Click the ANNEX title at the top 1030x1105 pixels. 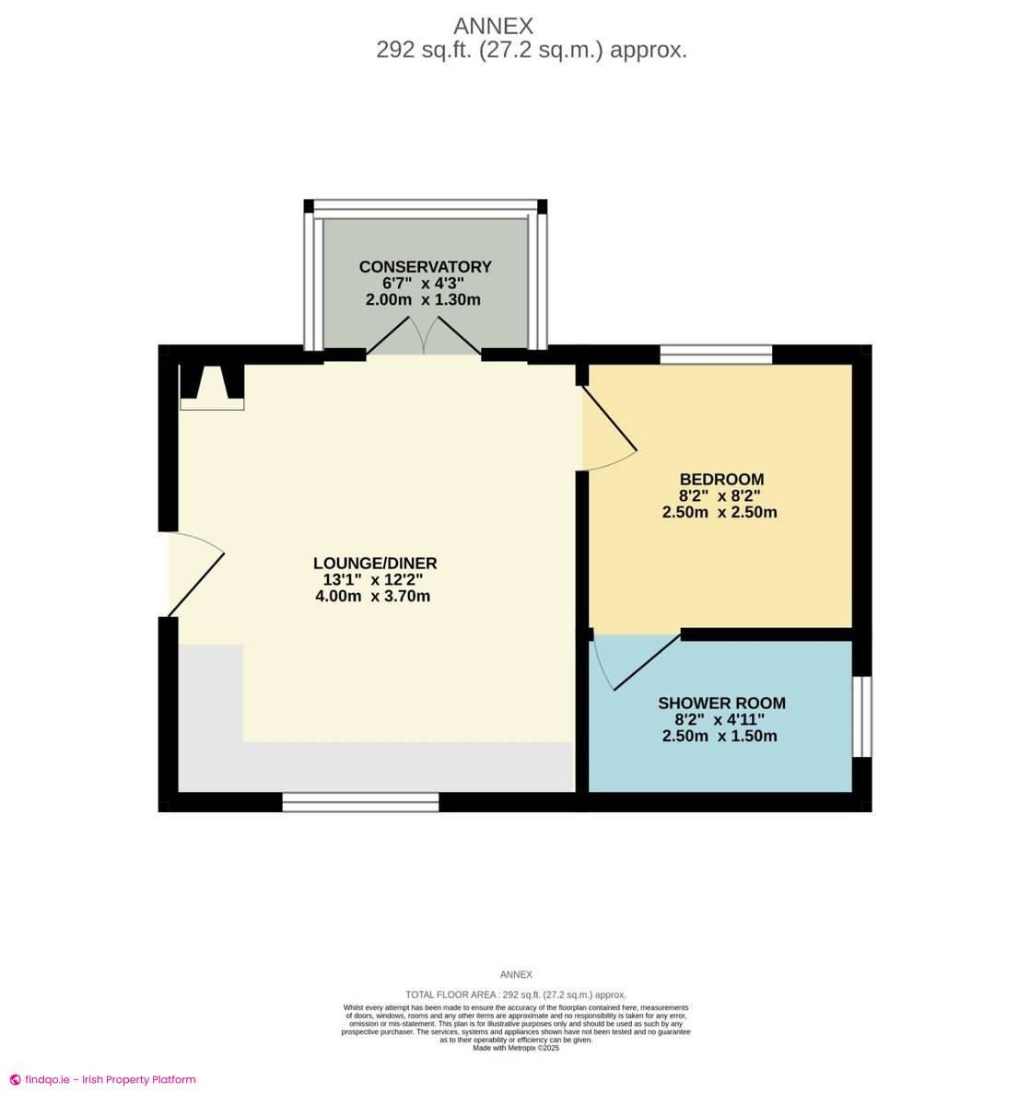tap(494, 26)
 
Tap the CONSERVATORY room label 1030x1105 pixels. tap(425, 267)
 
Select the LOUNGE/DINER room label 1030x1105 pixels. tap(375, 564)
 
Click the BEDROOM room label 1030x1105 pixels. tap(721, 479)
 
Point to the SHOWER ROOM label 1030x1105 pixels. tap(721, 704)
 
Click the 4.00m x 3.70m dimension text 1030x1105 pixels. tap(373, 597)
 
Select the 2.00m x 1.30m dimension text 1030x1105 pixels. tap(424, 300)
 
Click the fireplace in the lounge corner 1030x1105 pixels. tap(212, 385)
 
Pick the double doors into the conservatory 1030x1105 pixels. tap(424, 338)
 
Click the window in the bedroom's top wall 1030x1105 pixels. tap(716, 355)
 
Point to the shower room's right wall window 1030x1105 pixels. tap(860, 716)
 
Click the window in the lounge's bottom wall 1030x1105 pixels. tap(360, 802)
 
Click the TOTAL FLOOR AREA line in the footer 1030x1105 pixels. tap(515, 994)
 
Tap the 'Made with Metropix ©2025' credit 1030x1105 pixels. tap(515, 1048)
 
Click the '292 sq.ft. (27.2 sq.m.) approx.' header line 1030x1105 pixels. tap(532, 51)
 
